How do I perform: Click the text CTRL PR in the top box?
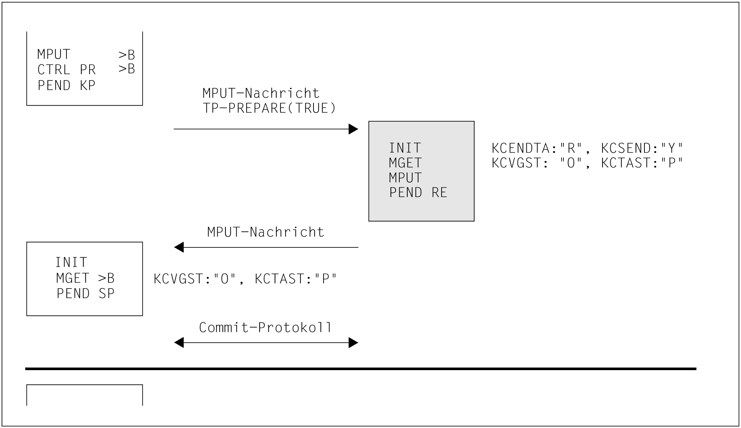[66, 70]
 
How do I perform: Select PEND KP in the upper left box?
[66, 86]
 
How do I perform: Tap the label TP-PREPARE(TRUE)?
[269, 108]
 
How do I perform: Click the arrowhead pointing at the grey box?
[353, 129]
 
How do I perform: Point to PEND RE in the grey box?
[418, 192]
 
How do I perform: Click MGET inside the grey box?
[405, 163]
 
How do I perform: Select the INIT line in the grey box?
[405, 148]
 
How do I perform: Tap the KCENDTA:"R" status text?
[536, 148]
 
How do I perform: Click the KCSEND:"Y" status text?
[642, 148]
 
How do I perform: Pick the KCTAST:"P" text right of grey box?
[642, 163]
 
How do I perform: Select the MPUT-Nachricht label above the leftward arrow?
[266, 232]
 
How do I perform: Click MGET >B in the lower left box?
[85, 278]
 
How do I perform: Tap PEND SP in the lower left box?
[85, 294]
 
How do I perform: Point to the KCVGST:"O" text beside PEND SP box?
[195, 279]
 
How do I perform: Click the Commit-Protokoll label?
[265, 327]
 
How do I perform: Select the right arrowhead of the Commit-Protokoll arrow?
[353, 343]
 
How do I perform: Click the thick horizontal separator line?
[360, 369]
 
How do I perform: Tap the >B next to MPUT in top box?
[127, 55]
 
